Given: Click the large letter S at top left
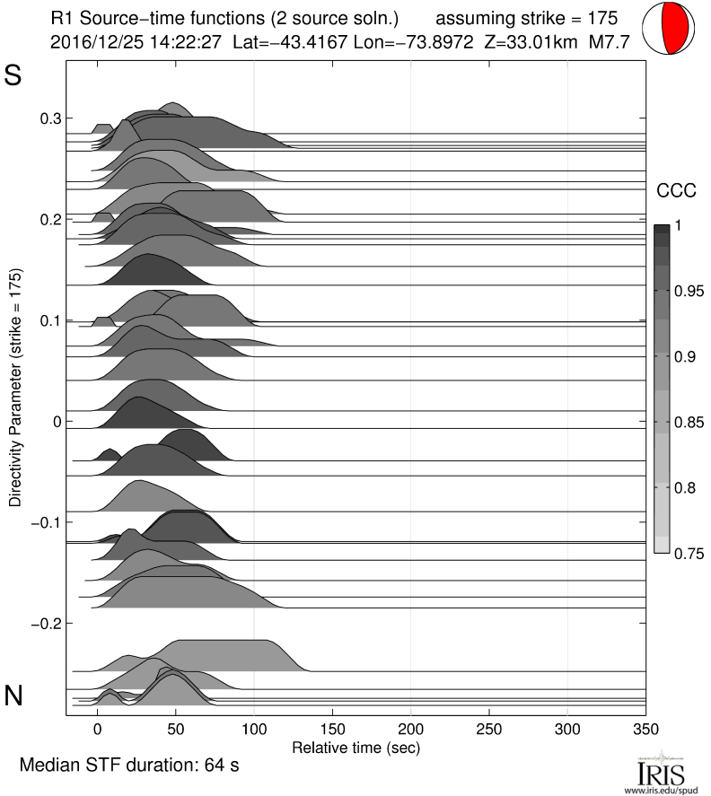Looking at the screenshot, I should [x=13, y=75].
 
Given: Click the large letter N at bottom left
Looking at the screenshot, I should [x=13, y=695].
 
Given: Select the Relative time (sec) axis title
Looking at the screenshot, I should [x=355, y=746].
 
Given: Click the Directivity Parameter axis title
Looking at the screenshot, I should [x=16, y=388].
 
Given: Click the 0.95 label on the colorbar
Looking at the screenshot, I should [x=689, y=291].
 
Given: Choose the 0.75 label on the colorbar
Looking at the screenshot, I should [x=689, y=553].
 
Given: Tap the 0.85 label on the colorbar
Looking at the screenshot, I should [x=689, y=422].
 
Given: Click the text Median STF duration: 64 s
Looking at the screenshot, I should [x=128, y=765].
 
